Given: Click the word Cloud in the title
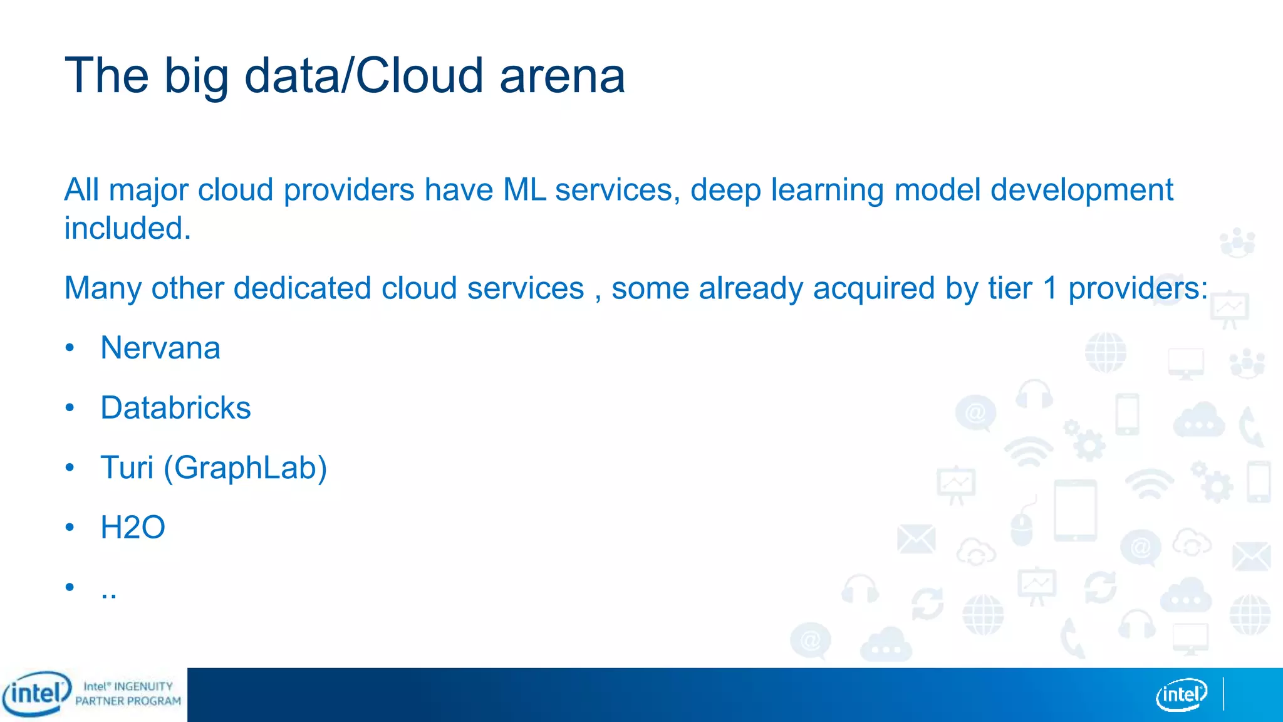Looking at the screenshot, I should point(420,76).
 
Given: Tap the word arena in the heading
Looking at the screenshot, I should point(562,76).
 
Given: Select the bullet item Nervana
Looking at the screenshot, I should point(160,348).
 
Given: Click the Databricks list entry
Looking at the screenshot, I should point(175,408).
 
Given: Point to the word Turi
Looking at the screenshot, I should point(127,468).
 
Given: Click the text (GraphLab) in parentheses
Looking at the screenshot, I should point(245,468).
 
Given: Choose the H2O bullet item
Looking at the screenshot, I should point(133,527).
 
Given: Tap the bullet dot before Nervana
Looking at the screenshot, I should point(70,347).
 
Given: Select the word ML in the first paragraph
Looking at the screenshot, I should point(524,190).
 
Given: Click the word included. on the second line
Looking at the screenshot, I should point(128,228).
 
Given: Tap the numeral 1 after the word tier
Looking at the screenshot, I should point(1050,288).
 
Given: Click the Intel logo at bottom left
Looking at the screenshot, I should point(36,694).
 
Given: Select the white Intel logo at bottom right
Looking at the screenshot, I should point(1181,694).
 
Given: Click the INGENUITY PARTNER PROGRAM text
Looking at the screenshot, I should point(128,694).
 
